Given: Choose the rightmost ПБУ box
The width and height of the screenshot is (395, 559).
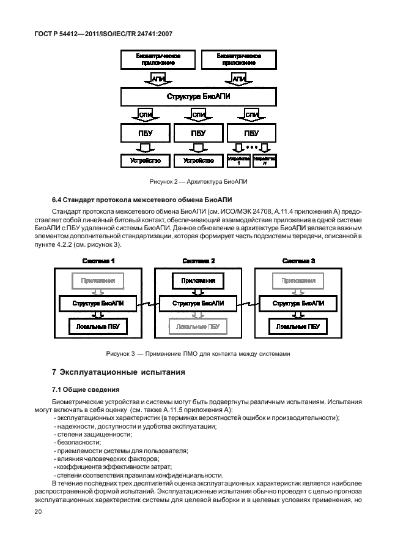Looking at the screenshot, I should click(251, 133).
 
